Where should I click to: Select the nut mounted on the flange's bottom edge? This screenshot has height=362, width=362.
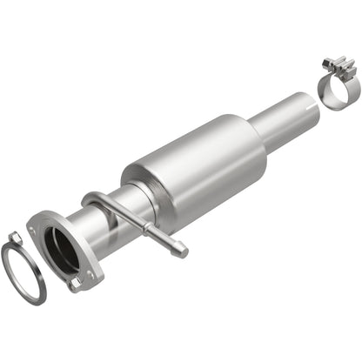coord(77,284)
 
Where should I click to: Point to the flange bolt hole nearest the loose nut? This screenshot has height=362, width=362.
coord(36,228)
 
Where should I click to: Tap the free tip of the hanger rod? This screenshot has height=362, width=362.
coord(181,251)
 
